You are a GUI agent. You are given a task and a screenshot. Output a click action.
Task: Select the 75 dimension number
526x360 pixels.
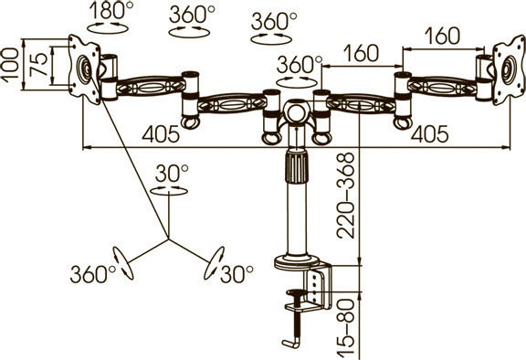[37, 65]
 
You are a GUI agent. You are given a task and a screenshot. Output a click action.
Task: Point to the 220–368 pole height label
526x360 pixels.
[345, 196]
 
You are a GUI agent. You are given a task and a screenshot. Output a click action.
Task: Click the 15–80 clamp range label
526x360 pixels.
[345, 327]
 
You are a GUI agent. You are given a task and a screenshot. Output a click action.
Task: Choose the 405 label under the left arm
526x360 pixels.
[161, 134]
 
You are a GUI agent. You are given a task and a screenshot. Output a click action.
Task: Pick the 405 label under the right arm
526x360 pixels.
[429, 134]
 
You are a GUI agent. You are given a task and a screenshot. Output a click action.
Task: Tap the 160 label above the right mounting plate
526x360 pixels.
[443, 36]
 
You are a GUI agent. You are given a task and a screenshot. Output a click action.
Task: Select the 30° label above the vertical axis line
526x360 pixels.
[172, 173]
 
